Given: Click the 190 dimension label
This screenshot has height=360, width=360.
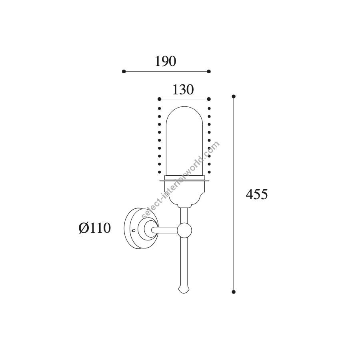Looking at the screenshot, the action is click(x=165, y=61).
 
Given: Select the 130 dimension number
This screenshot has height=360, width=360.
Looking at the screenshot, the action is click(x=183, y=90).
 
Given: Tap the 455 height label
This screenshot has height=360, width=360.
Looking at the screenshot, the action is click(x=257, y=194).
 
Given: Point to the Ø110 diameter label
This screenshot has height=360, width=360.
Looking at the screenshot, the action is click(x=94, y=228).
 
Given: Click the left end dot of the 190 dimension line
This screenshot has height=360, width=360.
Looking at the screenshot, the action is click(x=124, y=72).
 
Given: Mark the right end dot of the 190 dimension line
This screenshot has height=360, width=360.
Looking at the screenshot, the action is click(x=209, y=72).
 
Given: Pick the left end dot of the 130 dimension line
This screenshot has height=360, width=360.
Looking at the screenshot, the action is click(x=160, y=99).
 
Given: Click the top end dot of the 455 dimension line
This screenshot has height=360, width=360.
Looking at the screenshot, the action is click(x=234, y=96).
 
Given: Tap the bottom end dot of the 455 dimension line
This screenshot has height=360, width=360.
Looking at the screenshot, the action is click(x=234, y=292).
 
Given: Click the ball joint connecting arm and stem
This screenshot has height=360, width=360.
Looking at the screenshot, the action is click(x=184, y=230).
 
